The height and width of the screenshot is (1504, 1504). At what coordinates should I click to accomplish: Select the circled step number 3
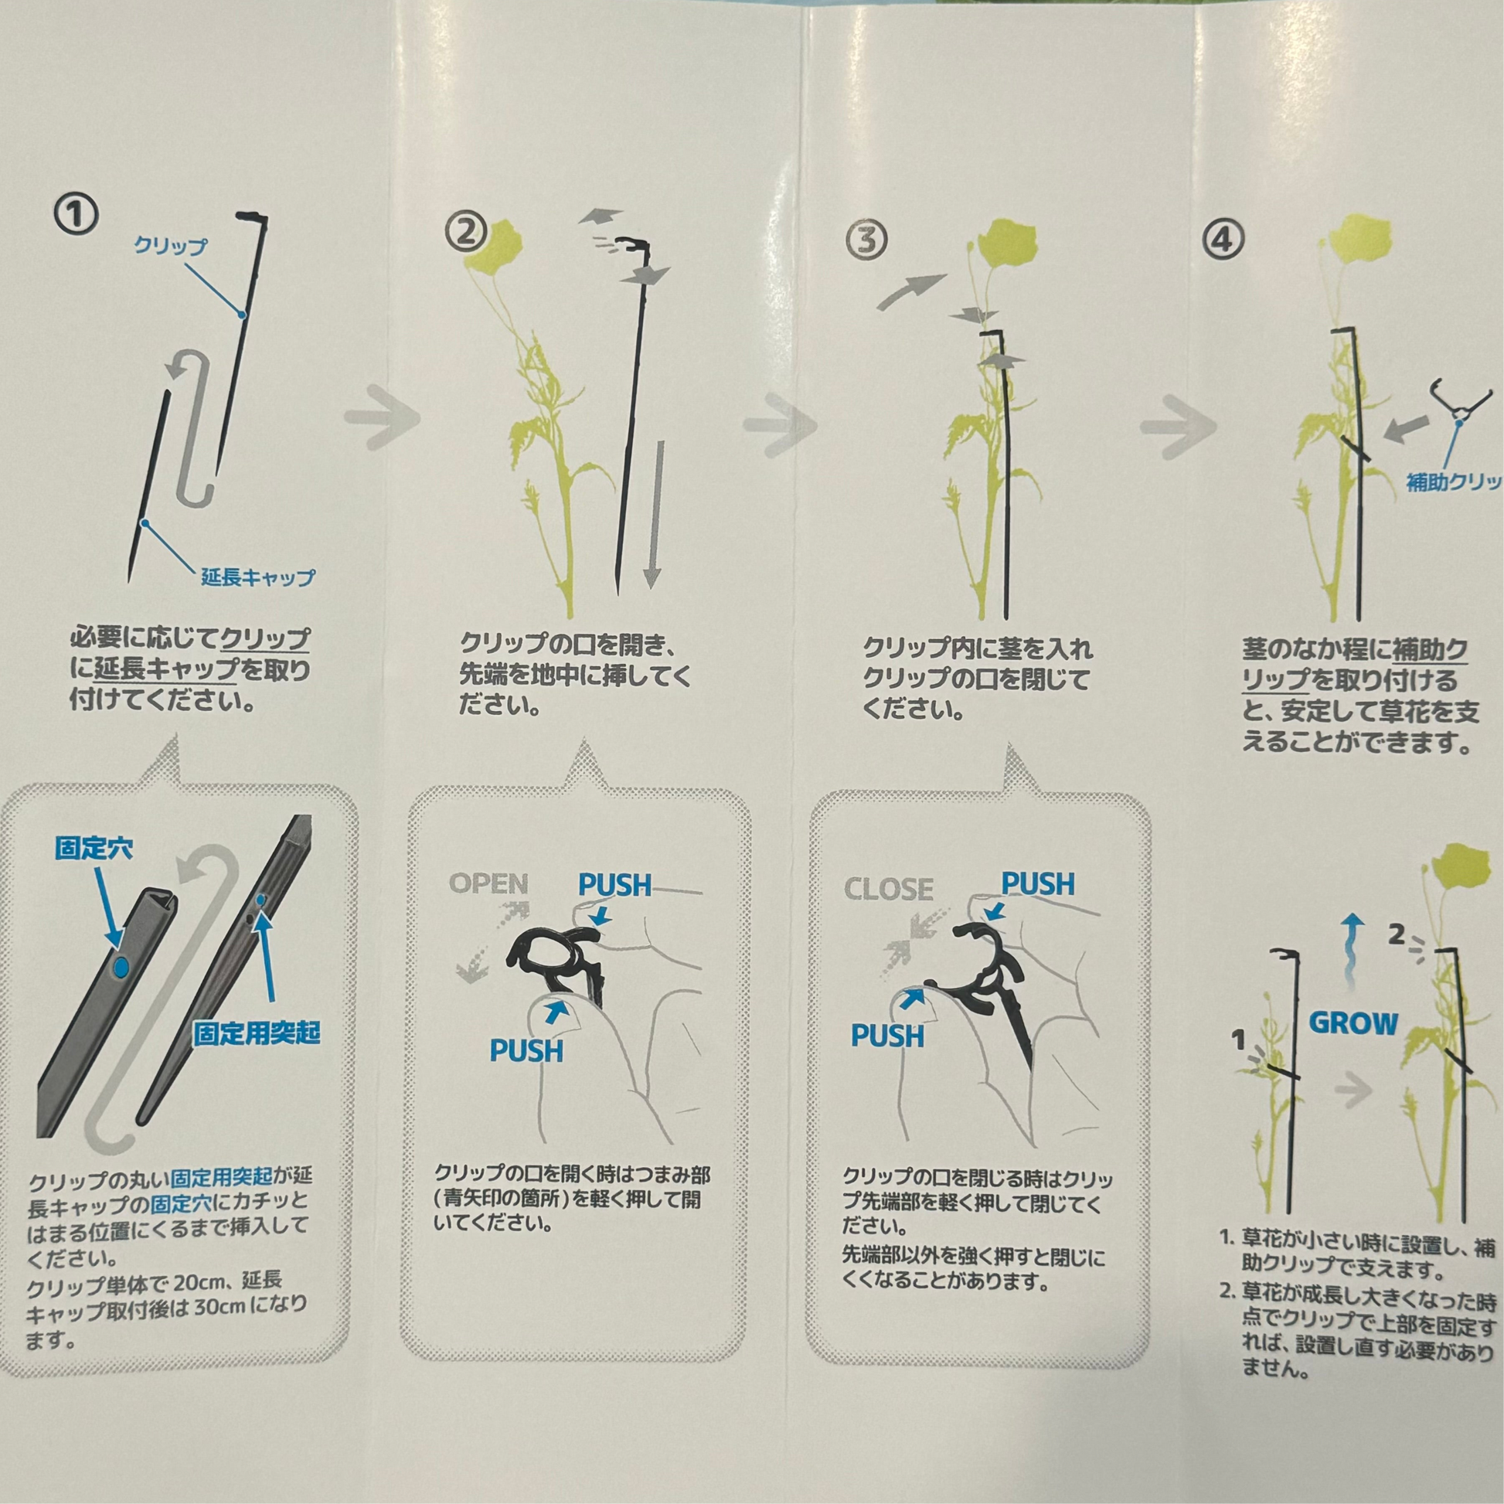866,240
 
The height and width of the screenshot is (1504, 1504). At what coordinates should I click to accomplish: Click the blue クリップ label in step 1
171,246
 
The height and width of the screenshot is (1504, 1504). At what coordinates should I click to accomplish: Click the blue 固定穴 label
94,848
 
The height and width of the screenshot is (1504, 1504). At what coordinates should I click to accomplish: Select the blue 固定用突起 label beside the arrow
257,1033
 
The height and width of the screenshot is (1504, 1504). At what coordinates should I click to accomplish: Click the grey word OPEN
489,883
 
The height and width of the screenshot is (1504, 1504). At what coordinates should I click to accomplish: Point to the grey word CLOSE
888,889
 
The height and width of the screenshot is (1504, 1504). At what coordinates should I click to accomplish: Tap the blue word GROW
1354,1023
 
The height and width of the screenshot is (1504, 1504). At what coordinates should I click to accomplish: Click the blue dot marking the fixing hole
121,968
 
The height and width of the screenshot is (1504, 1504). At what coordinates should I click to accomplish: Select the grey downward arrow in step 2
652,515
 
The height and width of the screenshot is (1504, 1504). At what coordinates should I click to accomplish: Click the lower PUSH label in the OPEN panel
526,1050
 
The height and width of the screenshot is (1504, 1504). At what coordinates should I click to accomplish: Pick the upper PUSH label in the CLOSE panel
1038,883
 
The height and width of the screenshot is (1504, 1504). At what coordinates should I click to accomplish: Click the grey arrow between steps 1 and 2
382,418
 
